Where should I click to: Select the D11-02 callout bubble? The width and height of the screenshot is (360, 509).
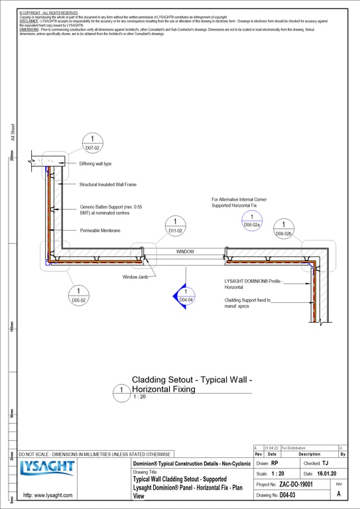point(175,226)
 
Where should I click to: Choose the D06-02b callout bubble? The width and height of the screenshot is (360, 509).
point(284,229)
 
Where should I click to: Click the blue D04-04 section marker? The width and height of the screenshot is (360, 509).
point(186,296)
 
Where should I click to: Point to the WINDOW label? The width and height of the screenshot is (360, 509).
point(185,253)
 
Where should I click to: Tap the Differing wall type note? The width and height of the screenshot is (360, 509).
point(95,164)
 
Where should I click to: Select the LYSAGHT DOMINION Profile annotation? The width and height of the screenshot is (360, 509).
point(253,284)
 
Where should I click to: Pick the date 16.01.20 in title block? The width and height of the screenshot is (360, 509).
point(325,474)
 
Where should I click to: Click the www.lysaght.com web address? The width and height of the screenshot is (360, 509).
point(47,495)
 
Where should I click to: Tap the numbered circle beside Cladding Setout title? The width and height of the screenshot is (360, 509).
point(122,392)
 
